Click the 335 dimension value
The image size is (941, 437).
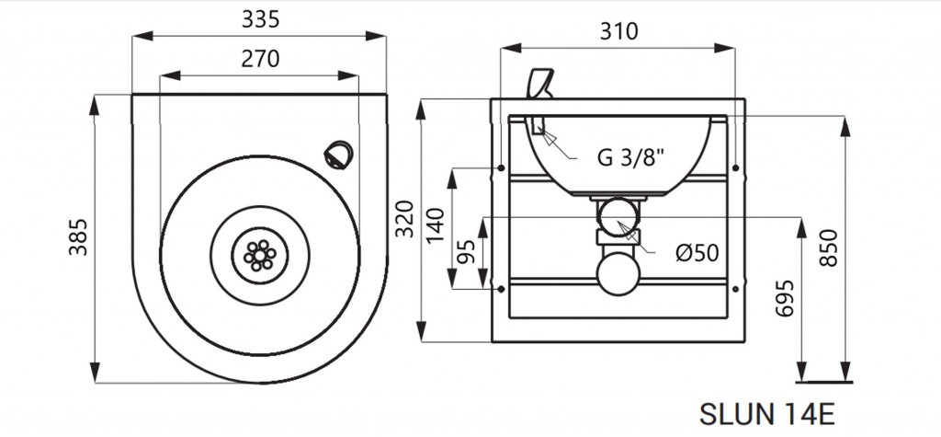(260, 19)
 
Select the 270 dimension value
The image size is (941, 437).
(260, 58)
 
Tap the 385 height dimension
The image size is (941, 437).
(78, 236)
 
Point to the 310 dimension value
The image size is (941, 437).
(618, 31)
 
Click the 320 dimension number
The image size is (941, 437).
(405, 218)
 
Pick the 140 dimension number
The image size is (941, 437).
(436, 224)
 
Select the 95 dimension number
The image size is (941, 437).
(466, 252)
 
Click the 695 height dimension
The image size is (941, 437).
(785, 297)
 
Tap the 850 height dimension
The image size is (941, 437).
(828, 247)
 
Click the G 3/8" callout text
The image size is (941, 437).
(631, 157)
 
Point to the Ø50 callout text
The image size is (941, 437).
(697, 253)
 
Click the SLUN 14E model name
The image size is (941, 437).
(767, 414)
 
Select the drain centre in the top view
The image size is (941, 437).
(259, 256)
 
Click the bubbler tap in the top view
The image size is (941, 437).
(338, 155)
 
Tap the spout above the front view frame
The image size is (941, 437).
(539, 84)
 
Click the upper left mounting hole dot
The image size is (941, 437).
(501, 167)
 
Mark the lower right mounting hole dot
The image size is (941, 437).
(736, 289)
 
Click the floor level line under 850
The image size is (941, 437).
(823, 382)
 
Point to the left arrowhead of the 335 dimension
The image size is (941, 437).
(142, 36)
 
